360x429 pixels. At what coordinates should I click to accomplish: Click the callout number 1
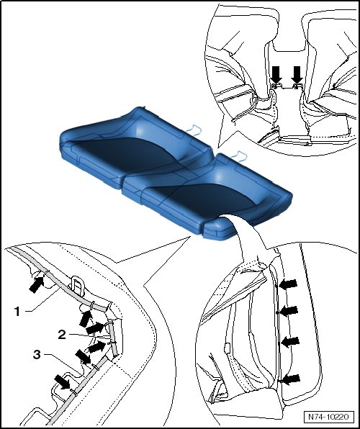[x=17, y=312]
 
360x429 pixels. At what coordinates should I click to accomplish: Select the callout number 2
[x=62, y=334]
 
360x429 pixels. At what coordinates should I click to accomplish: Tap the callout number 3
[x=37, y=355]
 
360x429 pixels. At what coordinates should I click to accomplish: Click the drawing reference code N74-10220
[x=328, y=417]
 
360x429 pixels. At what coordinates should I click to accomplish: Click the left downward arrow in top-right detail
[x=276, y=75]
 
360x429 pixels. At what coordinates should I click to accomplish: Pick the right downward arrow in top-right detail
[x=297, y=75]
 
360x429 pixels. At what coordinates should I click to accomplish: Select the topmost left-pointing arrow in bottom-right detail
[x=288, y=284]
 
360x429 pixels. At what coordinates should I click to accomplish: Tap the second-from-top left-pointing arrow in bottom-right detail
[x=289, y=311]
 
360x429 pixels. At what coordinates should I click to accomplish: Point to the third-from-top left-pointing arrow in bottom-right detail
[x=290, y=342]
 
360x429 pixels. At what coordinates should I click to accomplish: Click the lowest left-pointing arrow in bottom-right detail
[x=291, y=379]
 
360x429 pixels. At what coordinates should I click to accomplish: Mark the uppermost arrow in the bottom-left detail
[x=37, y=285]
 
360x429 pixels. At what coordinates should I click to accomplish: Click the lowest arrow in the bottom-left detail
[x=63, y=382]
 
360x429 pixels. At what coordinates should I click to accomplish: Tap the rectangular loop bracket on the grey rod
[x=77, y=285]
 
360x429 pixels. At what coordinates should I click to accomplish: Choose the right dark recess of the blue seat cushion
[x=208, y=199]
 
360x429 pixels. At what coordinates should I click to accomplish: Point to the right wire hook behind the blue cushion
[x=239, y=155]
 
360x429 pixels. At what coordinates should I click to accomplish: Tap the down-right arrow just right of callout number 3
[x=83, y=357]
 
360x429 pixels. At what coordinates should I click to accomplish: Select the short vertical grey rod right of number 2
[x=113, y=339]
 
